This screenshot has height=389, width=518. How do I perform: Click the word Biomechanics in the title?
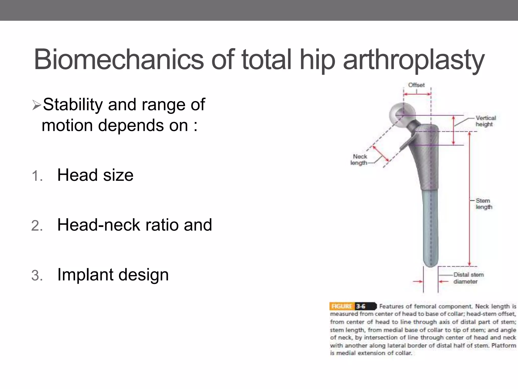tap(119, 60)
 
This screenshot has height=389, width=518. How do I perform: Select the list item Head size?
tap(95, 175)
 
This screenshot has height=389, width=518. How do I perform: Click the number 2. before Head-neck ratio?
tap(37, 226)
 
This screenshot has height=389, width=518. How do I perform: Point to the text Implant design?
tap(113, 275)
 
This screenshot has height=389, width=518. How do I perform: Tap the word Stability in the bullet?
tap(73, 104)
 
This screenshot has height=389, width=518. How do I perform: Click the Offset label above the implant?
tap(416, 85)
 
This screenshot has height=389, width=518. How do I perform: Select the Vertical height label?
tap(485, 121)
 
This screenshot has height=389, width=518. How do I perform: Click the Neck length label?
tap(359, 160)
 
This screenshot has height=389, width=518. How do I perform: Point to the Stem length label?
tap(484, 204)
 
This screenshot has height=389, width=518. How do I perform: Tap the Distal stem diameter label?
tap(468, 278)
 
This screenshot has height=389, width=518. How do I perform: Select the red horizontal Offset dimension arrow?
tap(417, 94)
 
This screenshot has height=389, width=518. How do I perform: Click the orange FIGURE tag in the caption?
tap(342, 306)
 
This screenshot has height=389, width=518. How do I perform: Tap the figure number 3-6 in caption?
tap(361, 306)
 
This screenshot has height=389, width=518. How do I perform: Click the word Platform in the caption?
tap(504, 345)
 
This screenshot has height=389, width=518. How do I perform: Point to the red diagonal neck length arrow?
tap(380, 153)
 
